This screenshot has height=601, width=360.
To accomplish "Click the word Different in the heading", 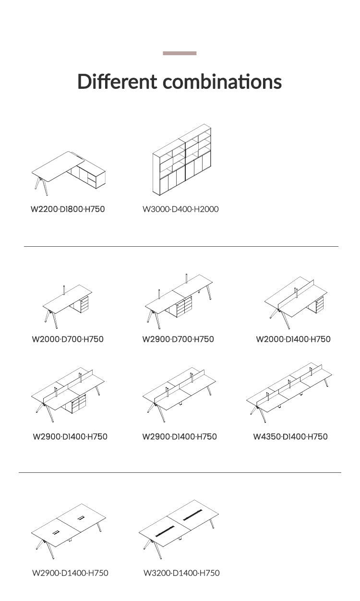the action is point(117,81).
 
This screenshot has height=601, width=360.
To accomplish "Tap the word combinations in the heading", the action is point(222,81).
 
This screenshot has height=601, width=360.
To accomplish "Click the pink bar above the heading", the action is point(180,53).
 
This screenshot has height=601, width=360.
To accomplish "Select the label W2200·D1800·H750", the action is point(68,209).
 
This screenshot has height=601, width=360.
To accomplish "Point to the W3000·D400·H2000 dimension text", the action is point(180,209).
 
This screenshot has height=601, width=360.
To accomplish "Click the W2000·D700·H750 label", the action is point(68,339).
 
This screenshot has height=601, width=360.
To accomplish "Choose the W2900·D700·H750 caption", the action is point(178,339).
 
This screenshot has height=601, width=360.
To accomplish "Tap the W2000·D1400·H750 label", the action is point(293,339).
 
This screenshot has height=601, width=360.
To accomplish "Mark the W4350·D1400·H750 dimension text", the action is point(290,436).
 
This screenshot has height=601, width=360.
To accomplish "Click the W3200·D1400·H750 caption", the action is point(181,573).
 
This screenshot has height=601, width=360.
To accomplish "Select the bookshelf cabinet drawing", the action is point(181,160).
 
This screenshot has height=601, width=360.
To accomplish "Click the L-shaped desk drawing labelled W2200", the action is point(69,173).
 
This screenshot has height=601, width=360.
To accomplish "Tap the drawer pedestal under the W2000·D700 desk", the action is point(84,304).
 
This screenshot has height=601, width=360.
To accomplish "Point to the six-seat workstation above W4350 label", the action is point(289,393).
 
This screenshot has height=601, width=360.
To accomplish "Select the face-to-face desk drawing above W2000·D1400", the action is point(296,303).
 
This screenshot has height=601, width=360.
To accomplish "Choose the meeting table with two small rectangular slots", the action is point(69,531).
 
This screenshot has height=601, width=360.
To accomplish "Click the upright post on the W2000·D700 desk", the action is point(64,290).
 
